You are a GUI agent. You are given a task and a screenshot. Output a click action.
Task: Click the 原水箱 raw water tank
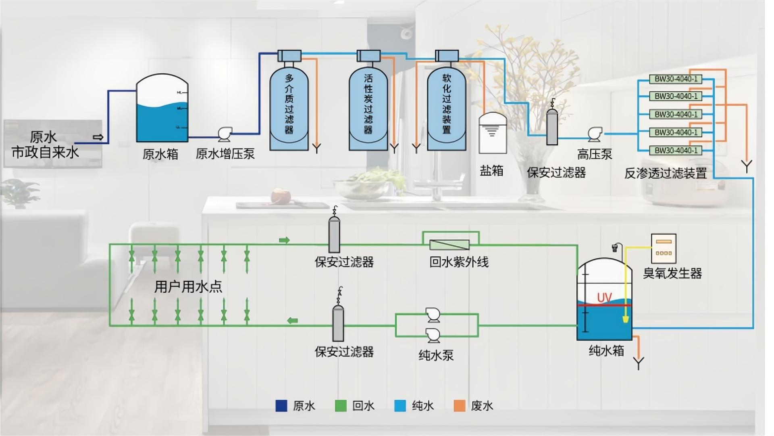coord(162,109)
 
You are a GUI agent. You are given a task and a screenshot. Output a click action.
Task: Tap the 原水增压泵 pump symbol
coord(224,134)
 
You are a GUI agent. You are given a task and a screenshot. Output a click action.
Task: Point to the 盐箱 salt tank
coord(492,133)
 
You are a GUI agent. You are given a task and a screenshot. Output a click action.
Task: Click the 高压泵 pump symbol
coord(595,134)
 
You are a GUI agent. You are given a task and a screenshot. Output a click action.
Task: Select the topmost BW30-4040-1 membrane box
coord(676,79)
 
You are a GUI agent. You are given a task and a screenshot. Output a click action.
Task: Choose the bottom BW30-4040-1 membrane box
coord(676,151)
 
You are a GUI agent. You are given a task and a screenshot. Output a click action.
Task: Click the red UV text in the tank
coord(604,298)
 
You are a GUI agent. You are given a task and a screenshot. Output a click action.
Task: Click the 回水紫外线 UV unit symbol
coord(449,245)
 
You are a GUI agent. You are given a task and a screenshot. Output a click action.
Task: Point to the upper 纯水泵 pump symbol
coord(433,315)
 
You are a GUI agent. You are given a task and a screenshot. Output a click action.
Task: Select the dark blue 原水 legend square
coord(281,406)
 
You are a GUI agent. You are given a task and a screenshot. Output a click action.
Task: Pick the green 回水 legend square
coord(341,406)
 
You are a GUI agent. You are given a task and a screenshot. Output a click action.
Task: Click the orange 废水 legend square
coord(460,406)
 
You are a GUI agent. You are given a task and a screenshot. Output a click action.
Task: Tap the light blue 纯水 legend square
coord(400,406)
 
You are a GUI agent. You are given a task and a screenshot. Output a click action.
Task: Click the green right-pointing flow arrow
coord(284,241)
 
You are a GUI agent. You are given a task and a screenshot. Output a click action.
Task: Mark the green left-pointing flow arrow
coord(292,321)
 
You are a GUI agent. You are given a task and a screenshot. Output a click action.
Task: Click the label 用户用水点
coord(188,287)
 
